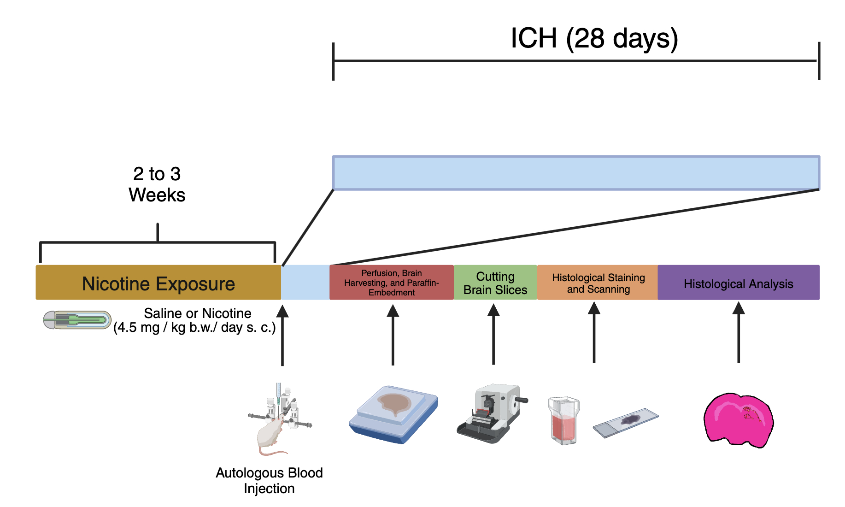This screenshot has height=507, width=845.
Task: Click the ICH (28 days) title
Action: [x=594, y=38]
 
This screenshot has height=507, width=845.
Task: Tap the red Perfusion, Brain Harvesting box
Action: [x=392, y=283]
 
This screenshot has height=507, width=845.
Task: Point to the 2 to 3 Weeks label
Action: [x=157, y=184]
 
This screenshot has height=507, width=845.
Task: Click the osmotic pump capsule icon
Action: [x=77, y=320]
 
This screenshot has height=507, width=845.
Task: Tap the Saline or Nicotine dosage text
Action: [x=195, y=320]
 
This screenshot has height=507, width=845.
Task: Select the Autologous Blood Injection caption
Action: [x=269, y=480]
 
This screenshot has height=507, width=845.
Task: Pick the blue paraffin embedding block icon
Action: [x=393, y=414]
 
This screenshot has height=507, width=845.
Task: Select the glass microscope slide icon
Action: [x=625, y=422]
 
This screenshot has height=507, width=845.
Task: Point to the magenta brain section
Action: [x=738, y=420]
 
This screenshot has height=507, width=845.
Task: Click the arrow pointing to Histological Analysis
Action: [x=738, y=332]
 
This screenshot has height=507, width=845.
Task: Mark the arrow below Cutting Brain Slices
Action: [x=493, y=334]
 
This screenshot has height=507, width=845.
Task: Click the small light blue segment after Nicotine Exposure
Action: [x=305, y=283]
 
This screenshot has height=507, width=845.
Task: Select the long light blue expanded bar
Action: [x=576, y=173]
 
